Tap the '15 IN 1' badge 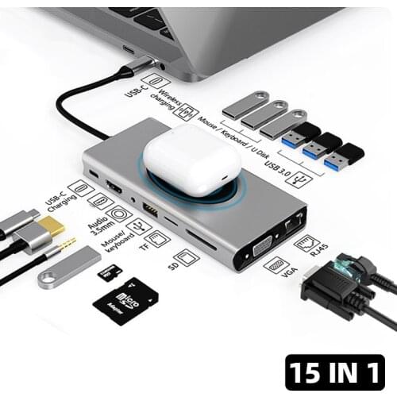[334, 371]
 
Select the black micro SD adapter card [125, 301]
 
